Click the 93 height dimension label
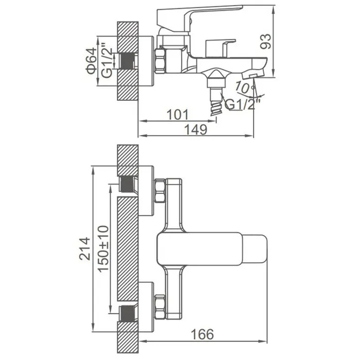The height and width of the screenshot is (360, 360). (x=266, y=41)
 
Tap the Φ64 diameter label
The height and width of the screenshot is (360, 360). (x=91, y=61)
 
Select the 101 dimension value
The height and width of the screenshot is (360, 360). (x=177, y=115)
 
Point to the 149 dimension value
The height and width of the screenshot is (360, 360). (x=196, y=130)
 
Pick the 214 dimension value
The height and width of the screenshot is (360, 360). (x=84, y=248)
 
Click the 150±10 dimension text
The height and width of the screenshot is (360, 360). (x=103, y=249)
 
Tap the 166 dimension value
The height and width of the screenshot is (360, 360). (x=202, y=334)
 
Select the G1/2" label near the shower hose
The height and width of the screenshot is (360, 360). (x=243, y=104)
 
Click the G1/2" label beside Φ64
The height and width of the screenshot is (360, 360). (x=107, y=60)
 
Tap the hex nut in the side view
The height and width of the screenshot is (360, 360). (x=160, y=61)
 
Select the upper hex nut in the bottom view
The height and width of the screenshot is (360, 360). (x=160, y=191)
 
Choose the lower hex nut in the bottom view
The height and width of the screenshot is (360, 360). (x=160, y=307)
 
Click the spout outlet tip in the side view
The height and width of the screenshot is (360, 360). (x=253, y=76)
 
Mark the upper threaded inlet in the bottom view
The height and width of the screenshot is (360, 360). (x=127, y=184)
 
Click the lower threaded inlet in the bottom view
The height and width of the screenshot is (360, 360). (x=127, y=313)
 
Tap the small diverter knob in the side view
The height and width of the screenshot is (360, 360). (x=221, y=48)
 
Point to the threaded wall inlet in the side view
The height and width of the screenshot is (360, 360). (x=127, y=61)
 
